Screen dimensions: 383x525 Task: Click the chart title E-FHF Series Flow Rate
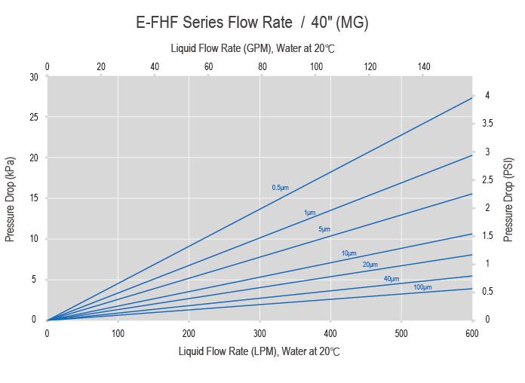(252, 22)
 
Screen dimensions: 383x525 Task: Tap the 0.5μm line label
(280, 187)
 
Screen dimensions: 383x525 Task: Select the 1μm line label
(309, 213)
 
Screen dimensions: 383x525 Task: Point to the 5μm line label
(324, 228)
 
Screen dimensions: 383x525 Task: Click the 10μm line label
(348, 253)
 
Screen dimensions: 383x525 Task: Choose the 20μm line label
(370, 265)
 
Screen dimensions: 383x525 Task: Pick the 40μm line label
(391, 279)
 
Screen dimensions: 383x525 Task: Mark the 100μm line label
(422, 287)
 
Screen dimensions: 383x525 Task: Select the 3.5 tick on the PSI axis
(490, 124)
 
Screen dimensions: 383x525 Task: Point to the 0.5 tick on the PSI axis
(490, 292)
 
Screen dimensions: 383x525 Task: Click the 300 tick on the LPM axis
(259, 333)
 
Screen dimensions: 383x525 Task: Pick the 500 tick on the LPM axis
(401, 333)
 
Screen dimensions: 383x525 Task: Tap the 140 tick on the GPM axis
(424, 67)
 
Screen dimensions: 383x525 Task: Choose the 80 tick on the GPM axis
(262, 67)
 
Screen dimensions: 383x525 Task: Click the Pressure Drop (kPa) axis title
(11, 199)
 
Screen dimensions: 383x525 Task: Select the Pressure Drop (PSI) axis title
(509, 199)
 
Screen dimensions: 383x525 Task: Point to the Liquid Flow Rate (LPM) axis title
(259, 351)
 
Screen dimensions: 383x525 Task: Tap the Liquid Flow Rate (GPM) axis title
(252, 48)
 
